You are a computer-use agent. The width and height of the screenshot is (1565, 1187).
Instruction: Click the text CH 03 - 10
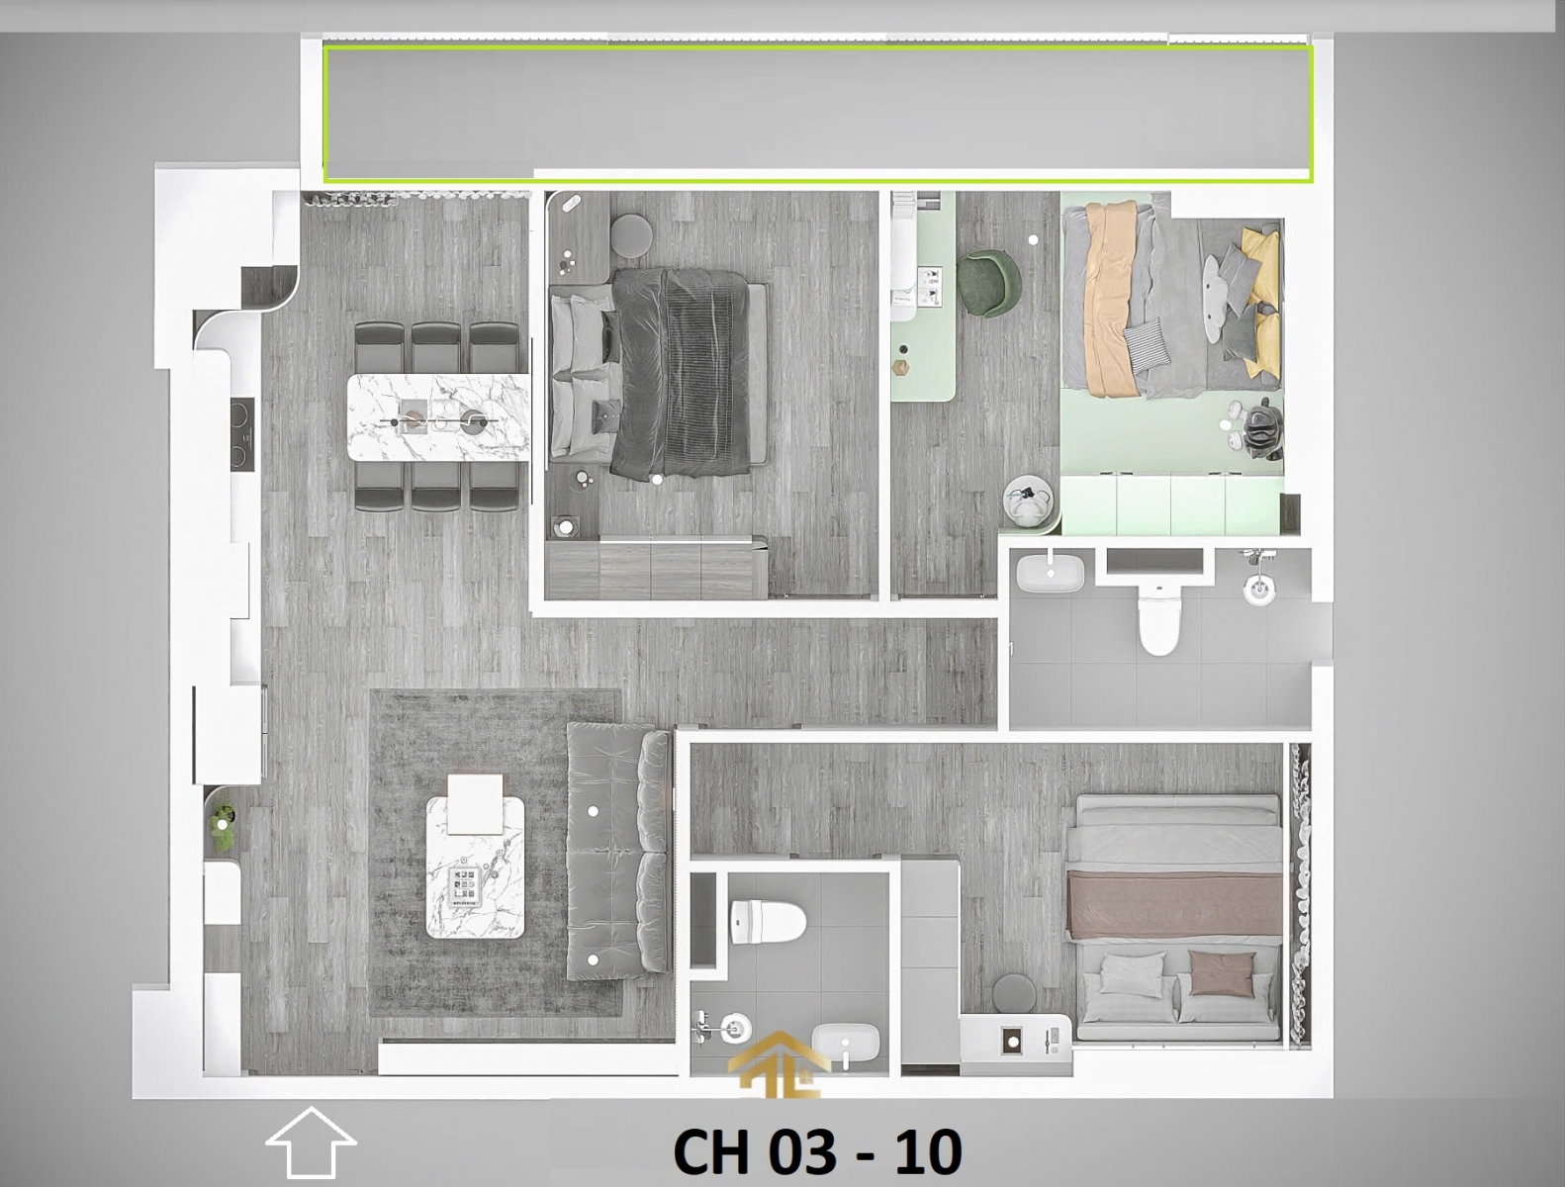(817, 1151)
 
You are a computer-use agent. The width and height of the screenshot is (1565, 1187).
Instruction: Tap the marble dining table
(438, 416)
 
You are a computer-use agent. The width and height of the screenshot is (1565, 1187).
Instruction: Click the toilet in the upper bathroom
(1158, 619)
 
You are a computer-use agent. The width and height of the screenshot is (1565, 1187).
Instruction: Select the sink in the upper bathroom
(1049, 573)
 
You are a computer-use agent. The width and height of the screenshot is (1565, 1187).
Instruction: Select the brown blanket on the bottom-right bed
(1173, 903)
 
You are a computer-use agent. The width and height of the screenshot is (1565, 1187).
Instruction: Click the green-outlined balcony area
(817, 113)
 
